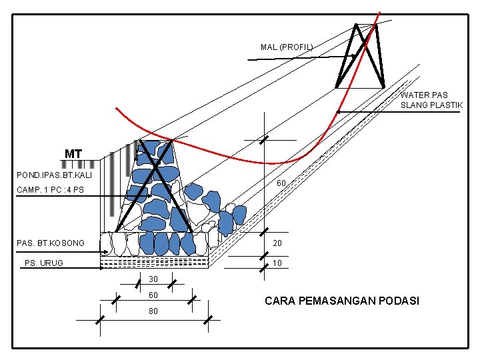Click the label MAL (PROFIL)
pyautogui.click(x=286, y=47)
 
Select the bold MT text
pyautogui.click(x=73, y=155)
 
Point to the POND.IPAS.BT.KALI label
pyautogui.click(x=54, y=175)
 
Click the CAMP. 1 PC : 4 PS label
pyautogui.click(x=51, y=190)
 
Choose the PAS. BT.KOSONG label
pyautogui.click(x=51, y=243)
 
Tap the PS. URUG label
pyautogui.click(x=44, y=263)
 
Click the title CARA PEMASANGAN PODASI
pyautogui.click(x=342, y=301)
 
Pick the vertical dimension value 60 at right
pyautogui.click(x=281, y=183)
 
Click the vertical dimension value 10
pyautogui.click(x=278, y=263)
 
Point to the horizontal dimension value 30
pyautogui.click(x=153, y=279)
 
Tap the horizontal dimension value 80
pyautogui.click(x=153, y=311)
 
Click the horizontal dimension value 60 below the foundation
pyautogui.click(x=153, y=295)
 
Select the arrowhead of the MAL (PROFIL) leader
pyautogui.click(x=353, y=56)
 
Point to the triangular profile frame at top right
pyautogui.click(x=361, y=57)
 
